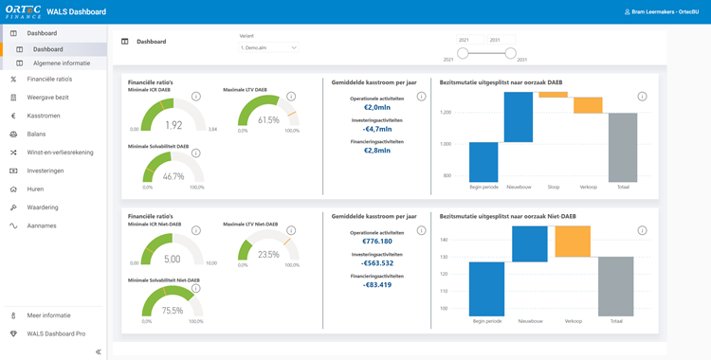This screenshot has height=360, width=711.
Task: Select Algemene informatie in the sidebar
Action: (62, 63)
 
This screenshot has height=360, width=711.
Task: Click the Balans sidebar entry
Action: (37, 134)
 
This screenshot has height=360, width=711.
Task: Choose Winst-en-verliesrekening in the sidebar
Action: (61, 152)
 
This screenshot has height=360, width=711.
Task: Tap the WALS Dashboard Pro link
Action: (55, 333)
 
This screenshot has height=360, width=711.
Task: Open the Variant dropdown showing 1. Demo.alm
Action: (269, 46)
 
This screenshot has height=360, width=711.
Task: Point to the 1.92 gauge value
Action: (173, 125)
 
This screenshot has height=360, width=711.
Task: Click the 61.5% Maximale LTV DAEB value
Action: (268, 120)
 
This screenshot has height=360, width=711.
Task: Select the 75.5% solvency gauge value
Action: (173, 310)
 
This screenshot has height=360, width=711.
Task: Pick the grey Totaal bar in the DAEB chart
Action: (623, 147)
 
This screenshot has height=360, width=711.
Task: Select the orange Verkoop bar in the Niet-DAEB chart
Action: (572, 242)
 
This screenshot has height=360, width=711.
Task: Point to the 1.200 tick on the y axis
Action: (445, 112)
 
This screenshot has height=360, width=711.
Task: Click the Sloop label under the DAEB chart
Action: (554, 188)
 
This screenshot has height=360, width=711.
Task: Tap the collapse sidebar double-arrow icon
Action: (99, 351)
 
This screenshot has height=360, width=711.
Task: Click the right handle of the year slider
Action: (510, 53)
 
